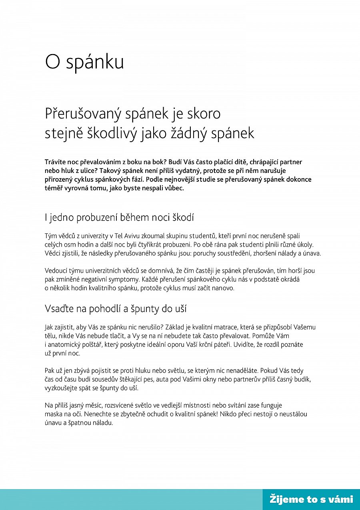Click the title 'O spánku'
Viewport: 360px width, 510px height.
84,62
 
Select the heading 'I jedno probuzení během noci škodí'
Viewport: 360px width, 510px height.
119,218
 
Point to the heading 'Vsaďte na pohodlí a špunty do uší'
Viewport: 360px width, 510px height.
116,309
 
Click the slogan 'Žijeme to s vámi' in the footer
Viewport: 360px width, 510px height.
311,499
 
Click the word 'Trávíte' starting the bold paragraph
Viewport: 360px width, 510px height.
56,162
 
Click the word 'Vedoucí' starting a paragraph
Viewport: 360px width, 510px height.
56,271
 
